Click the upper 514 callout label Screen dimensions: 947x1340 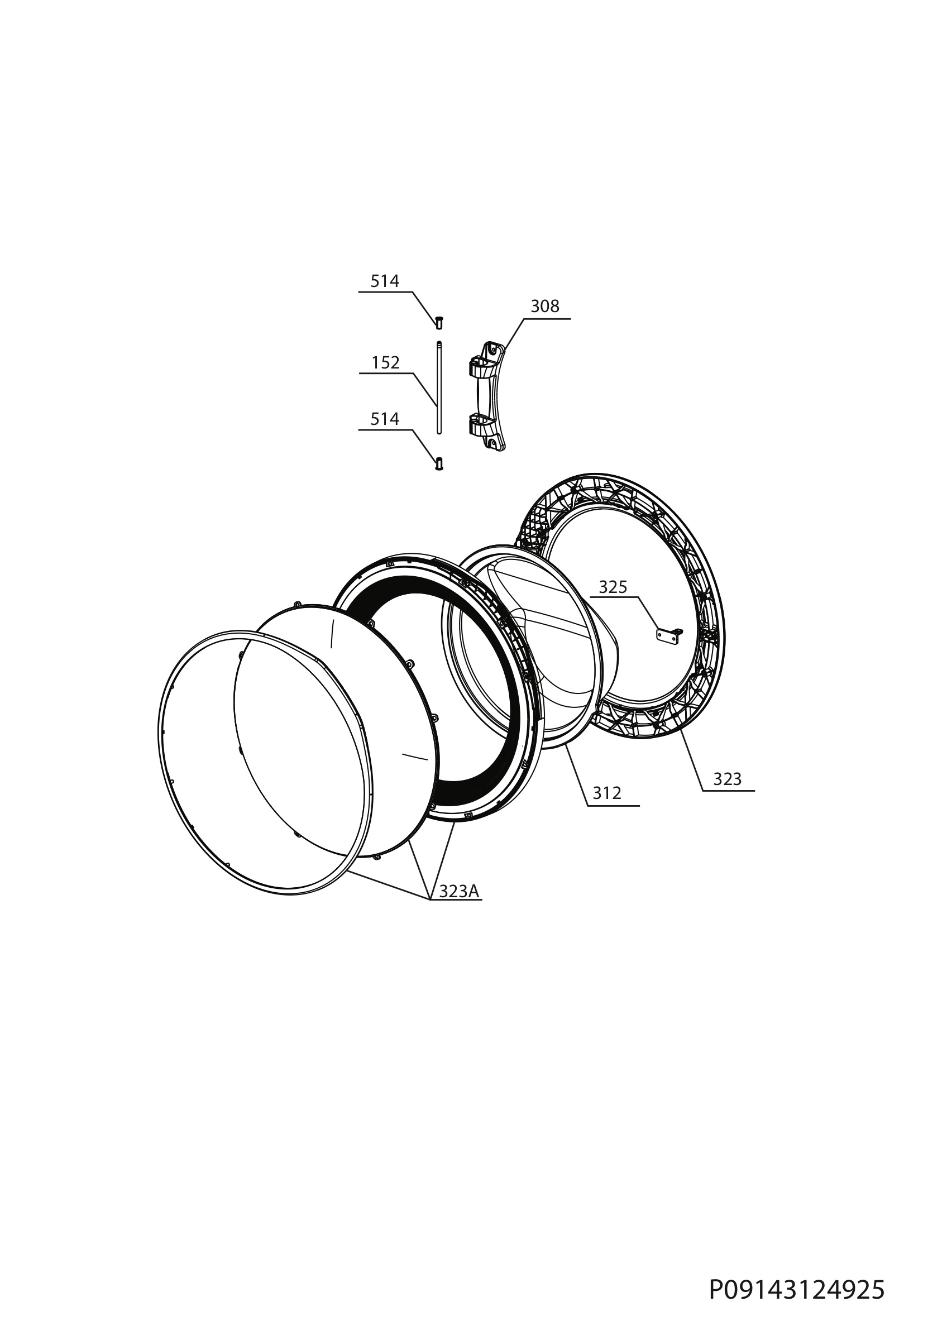(385, 281)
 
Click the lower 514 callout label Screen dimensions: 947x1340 (385, 419)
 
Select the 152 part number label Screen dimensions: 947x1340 (386, 363)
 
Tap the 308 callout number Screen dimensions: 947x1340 (545, 307)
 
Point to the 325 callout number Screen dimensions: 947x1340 (613, 587)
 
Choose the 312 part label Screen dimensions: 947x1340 (607, 793)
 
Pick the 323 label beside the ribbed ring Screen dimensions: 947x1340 (727, 778)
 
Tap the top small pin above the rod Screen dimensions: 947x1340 (439, 322)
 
